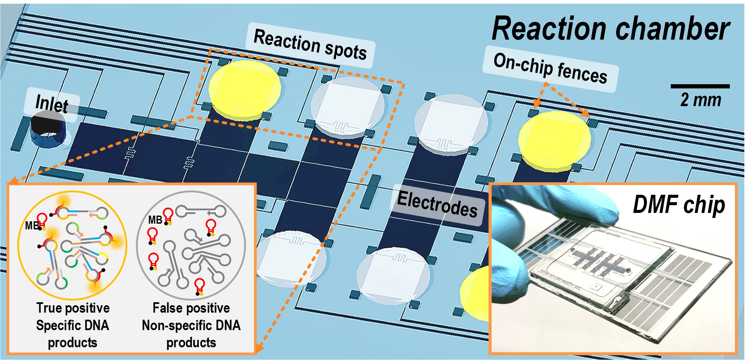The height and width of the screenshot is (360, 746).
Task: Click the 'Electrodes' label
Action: [x=437, y=204]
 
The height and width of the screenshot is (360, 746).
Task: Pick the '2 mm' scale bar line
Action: [x=700, y=86]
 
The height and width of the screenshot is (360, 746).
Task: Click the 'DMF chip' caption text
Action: [x=679, y=205]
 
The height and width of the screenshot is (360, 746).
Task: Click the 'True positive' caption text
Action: [x=73, y=308]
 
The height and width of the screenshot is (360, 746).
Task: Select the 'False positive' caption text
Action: [x=191, y=308]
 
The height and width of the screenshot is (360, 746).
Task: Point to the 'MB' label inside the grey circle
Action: [x=155, y=220]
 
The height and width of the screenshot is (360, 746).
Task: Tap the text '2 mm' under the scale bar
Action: [x=701, y=100]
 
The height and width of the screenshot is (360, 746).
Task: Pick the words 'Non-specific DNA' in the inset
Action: [x=191, y=325]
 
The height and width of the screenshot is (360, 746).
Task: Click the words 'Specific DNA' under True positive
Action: [x=73, y=325]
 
